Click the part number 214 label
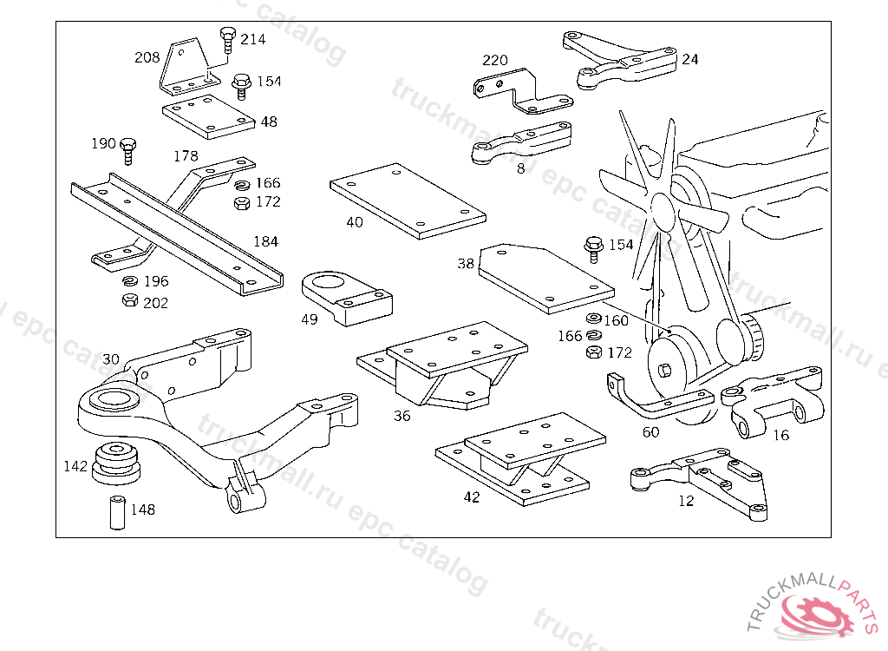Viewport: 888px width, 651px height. (253, 39)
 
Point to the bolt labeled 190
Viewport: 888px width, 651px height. (127, 148)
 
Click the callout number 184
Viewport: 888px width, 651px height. (265, 241)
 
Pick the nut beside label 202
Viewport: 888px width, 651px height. (128, 301)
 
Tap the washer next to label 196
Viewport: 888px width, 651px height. (129, 281)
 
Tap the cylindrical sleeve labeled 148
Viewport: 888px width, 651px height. (115, 511)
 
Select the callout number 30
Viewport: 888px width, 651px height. (111, 359)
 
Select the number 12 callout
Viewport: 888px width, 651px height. (686, 501)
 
